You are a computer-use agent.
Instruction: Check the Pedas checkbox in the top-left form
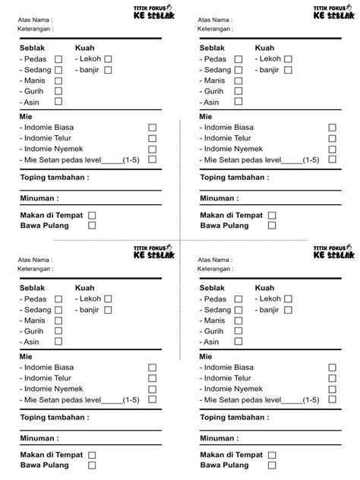(58, 59)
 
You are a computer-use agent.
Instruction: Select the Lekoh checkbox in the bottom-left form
(108, 299)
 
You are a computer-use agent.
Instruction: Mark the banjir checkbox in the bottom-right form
(288, 310)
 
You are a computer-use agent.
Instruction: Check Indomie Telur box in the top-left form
(152, 138)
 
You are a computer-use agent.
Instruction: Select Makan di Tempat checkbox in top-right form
(272, 216)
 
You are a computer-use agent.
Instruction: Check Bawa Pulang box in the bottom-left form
(92, 465)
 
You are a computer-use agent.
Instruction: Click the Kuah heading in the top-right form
(264, 48)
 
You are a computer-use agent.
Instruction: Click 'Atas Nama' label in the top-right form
(216, 20)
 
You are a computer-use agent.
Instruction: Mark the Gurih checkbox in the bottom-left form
(58, 331)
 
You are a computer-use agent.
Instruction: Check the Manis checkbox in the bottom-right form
(238, 321)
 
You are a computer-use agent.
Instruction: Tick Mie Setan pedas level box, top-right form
(332, 159)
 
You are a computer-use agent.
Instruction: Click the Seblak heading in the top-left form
(33, 48)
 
